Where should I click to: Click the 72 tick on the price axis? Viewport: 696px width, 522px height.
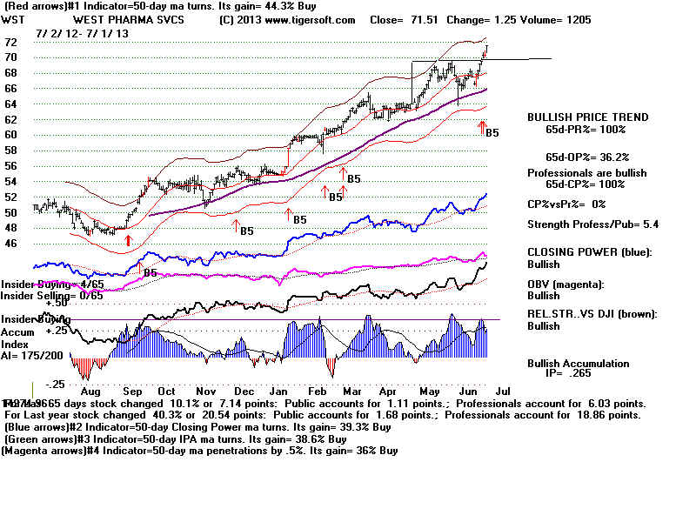tap(11, 42)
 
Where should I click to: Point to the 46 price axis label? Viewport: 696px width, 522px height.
tap(11, 244)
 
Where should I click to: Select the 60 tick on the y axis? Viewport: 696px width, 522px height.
tap(11, 135)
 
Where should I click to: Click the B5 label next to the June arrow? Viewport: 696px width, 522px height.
tap(492, 133)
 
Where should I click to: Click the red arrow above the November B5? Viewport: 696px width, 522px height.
tap(235, 224)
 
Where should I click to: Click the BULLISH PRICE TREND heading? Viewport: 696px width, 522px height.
tap(587, 117)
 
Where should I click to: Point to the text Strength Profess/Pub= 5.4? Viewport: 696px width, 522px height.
tap(587, 225)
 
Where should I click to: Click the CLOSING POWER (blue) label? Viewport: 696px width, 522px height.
tap(587, 251)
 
